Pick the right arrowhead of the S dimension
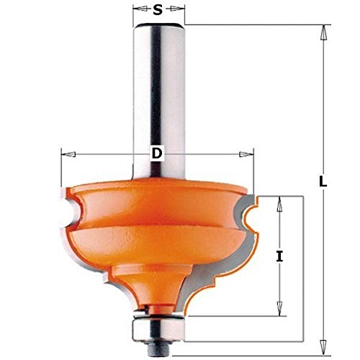click(x=180, y=10)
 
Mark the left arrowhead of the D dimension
click(x=67, y=153)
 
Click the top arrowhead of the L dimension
click(x=323, y=32)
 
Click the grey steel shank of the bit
click(x=158, y=94)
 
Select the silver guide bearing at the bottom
click(x=159, y=321)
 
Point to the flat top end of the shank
click(x=158, y=27)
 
